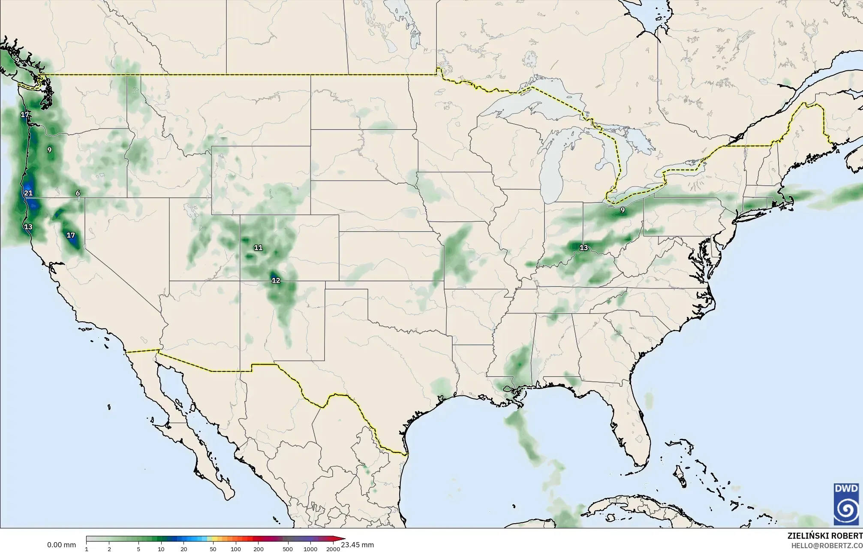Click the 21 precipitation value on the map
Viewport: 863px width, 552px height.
(x=28, y=193)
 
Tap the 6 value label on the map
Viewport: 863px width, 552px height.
(x=78, y=193)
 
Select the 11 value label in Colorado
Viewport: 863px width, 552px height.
(x=258, y=247)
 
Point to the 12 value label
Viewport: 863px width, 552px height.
(x=276, y=281)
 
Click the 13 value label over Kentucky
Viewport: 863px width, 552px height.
(x=583, y=247)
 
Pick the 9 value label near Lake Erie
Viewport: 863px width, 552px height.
(x=622, y=210)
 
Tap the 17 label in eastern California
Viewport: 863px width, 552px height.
(x=71, y=235)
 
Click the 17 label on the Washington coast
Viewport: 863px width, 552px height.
(x=24, y=115)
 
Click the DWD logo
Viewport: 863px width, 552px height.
(x=846, y=504)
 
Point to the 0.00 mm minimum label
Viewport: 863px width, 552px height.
(x=61, y=545)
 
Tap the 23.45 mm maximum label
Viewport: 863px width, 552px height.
(x=357, y=545)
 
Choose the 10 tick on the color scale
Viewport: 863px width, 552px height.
(x=161, y=549)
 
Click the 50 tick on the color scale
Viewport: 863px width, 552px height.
(x=213, y=549)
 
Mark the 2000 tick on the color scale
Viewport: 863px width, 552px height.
(x=333, y=549)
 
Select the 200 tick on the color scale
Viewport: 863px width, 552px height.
(x=258, y=549)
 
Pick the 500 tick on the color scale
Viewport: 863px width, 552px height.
(x=288, y=549)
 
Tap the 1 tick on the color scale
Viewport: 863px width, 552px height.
(x=87, y=549)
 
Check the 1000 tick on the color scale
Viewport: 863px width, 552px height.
(x=310, y=549)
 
